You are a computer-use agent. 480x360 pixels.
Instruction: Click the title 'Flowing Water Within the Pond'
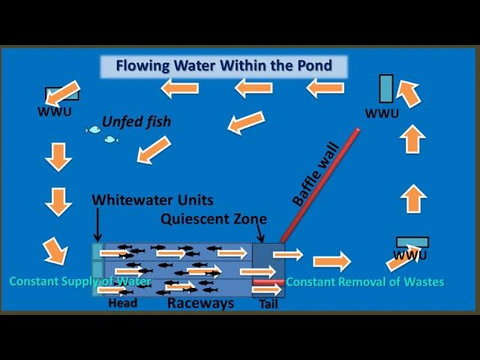223,65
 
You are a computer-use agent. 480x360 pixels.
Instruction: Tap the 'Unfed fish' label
136,121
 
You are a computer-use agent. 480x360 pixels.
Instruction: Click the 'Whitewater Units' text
152,200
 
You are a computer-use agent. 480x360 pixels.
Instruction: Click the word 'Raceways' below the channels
200,304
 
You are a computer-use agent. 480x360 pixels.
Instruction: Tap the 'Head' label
123,304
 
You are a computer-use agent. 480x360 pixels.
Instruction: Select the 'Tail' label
268,304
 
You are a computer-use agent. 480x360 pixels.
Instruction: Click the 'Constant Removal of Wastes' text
365,282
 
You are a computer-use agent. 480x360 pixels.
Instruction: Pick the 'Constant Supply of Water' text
80,281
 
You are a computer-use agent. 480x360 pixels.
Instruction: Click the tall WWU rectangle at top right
385,88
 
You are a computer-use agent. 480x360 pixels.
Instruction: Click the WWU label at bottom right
409,255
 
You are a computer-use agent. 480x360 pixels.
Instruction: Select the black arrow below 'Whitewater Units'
97,223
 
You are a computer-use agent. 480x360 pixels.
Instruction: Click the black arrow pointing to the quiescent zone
262,234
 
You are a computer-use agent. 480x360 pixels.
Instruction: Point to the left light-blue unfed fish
93,130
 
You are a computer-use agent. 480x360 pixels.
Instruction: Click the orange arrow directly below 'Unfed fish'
154,149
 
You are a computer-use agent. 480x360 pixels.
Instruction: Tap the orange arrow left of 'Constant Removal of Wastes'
331,262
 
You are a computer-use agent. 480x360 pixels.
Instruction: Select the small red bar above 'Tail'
268,283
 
